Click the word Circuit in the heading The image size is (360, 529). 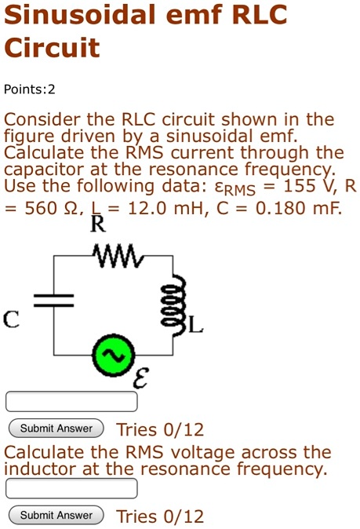point(52,48)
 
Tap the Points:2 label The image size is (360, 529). point(30,89)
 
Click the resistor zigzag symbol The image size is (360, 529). point(115,254)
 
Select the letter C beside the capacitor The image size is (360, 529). point(11,319)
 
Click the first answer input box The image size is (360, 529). point(71,402)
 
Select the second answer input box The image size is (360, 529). point(71,488)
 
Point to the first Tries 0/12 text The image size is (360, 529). point(159,429)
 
